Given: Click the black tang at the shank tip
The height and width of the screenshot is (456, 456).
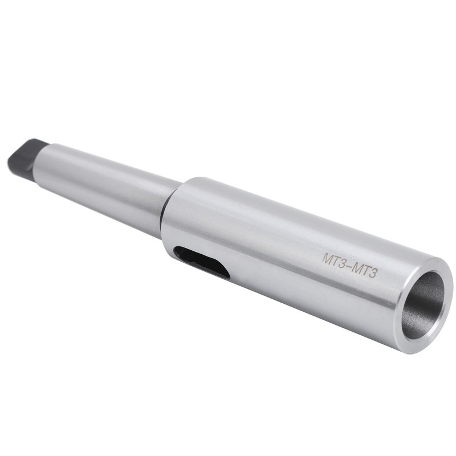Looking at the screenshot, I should click(23, 154).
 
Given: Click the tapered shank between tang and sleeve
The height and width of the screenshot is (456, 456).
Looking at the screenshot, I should click(108, 182).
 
